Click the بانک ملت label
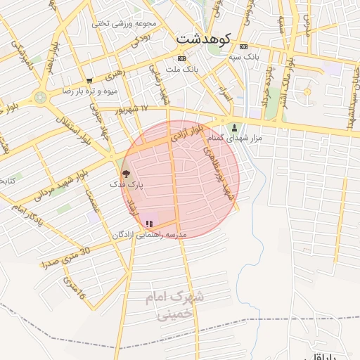(184, 70)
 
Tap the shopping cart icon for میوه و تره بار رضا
(89, 81)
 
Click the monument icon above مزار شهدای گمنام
(235, 128)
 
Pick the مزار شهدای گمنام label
(240, 139)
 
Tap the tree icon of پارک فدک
(126, 173)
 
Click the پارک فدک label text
(127, 184)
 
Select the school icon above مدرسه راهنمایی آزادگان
(148, 224)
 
